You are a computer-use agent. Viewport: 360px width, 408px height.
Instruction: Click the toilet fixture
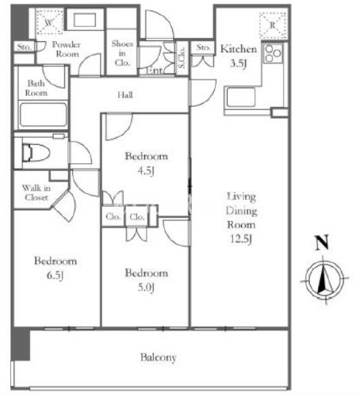[36, 153]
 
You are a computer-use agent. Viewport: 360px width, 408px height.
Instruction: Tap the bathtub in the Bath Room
[44, 115]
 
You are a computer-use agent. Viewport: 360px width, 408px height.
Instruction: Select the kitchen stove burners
[273, 54]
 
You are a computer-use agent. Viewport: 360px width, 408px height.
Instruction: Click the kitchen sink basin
[240, 97]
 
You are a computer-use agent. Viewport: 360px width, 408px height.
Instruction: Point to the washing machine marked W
[49, 21]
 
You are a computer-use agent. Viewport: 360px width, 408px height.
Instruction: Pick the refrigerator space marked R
[273, 25]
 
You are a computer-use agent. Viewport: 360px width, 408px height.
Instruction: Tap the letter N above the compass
[322, 242]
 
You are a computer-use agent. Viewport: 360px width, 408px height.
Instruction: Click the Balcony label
[159, 357]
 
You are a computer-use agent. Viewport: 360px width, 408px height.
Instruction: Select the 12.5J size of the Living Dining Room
[241, 239]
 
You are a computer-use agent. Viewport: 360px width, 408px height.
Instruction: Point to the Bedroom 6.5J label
[56, 268]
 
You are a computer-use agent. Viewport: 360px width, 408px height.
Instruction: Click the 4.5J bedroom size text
[146, 171]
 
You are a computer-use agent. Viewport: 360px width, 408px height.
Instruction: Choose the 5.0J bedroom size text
[146, 288]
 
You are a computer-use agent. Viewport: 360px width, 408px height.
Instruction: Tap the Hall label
[125, 95]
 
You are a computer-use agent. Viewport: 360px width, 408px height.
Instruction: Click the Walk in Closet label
[36, 193]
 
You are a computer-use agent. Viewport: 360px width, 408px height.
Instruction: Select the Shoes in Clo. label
[122, 53]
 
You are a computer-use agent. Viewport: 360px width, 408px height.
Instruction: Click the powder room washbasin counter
[85, 20]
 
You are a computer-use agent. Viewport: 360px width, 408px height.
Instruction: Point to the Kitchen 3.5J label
[239, 56]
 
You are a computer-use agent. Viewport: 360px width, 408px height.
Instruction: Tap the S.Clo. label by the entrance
[182, 57]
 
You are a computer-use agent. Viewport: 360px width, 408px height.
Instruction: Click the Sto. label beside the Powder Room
[25, 47]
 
